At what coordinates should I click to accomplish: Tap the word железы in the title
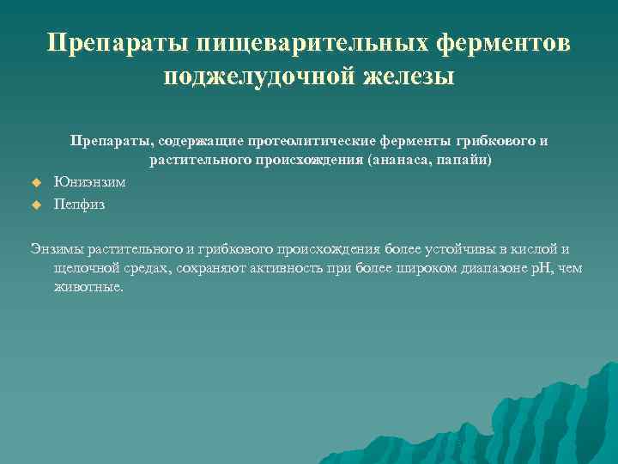point(405,76)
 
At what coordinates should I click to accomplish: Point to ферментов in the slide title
point(502,45)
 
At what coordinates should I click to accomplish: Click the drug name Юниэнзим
point(89,182)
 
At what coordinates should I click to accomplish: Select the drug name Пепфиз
point(79,205)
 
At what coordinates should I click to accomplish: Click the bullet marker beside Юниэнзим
point(36,182)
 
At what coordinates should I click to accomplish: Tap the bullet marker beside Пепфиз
point(36,205)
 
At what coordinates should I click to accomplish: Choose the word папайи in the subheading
point(464,160)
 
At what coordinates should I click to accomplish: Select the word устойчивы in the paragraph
point(455,249)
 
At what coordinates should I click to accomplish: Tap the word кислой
point(531,249)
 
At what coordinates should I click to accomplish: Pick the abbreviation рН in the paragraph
point(541,268)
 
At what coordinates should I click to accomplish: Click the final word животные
point(88,287)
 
